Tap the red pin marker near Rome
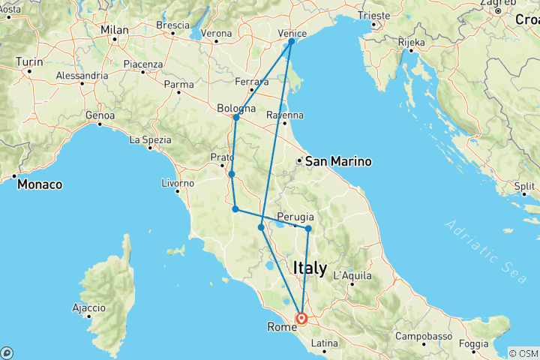click(x=301, y=319)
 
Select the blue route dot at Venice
click(x=291, y=42)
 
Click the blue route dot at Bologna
click(x=236, y=118)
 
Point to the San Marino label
click(x=328, y=161)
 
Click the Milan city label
click(x=115, y=30)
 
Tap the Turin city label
click(x=29, y=61)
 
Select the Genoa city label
click(x=100, y=115)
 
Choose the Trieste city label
click(x=376, y=15)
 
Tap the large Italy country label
click(x=310, y=268)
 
